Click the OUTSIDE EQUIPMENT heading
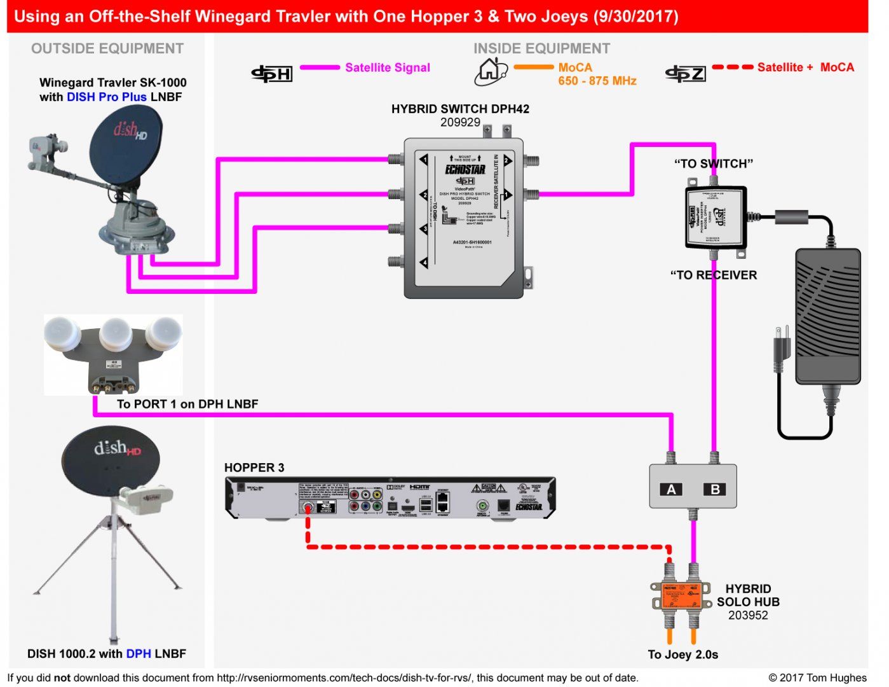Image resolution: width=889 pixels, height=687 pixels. [x=107, y=49]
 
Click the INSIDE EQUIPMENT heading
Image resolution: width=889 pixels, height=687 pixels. [x=541, y=49]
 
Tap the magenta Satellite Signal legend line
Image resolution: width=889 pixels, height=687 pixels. [x=320, y=67]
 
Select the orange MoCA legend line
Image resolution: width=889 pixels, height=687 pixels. [x=533, y=67]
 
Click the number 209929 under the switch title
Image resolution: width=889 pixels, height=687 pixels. [x=460, y=123]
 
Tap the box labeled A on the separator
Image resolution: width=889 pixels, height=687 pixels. [x=671, y=489]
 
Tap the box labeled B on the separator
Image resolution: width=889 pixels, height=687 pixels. [x=715, y=489]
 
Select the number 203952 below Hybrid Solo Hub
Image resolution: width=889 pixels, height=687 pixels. [x=748, y=615]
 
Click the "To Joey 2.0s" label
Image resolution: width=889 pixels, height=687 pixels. [x=682, y=655]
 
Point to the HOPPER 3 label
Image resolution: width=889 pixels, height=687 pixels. [x=254, y=468]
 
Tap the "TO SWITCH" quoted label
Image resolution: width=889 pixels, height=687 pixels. [x=713, y=164]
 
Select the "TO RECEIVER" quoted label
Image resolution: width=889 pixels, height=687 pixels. [x=713, y=275]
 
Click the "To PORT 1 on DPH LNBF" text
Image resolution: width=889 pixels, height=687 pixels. [x=187, y=404]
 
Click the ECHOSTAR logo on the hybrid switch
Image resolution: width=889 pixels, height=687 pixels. [x=465, y=170]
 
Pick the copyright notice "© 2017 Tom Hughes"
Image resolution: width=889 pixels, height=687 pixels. [x=817, y=677]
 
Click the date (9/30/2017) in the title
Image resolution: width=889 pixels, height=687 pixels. [x=635, y=17]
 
